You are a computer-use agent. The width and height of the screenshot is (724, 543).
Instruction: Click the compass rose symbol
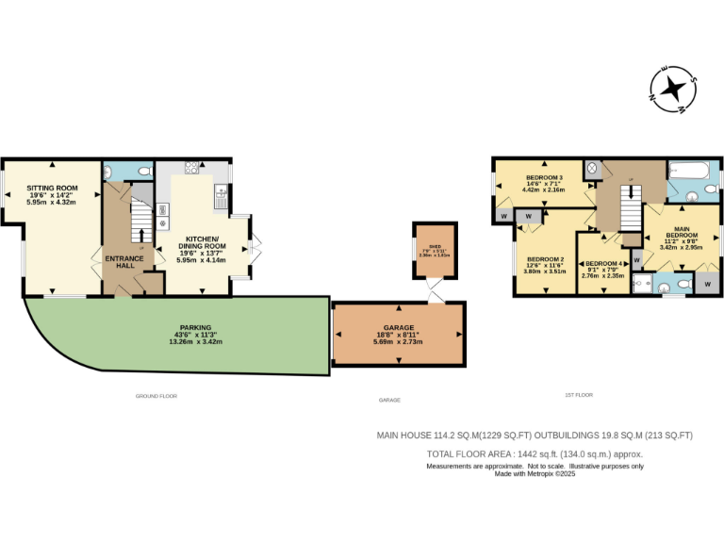click(x=673, y=90)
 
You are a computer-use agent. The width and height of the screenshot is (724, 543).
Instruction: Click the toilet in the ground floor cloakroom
click(x=142, y=172)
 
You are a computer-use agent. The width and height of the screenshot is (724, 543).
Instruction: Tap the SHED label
click(x=435, y=244)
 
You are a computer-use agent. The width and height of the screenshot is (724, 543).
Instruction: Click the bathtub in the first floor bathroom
click(x=693, y=172)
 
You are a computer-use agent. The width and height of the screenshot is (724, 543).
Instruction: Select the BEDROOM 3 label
click(x=544, y=178)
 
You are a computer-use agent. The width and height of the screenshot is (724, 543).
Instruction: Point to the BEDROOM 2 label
click(x=545, y=259)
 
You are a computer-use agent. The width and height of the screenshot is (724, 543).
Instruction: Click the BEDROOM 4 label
click(x=602, y=264)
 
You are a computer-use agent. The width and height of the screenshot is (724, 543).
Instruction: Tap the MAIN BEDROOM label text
click(x=682, y=231)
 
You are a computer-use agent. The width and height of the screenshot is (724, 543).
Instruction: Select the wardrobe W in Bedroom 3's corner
click(x=504, y=216)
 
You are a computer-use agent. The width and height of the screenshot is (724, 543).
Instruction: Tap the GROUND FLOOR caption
click(x=156, y=396)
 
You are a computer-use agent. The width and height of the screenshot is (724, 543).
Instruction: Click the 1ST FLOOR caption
click(x=578, y=395)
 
